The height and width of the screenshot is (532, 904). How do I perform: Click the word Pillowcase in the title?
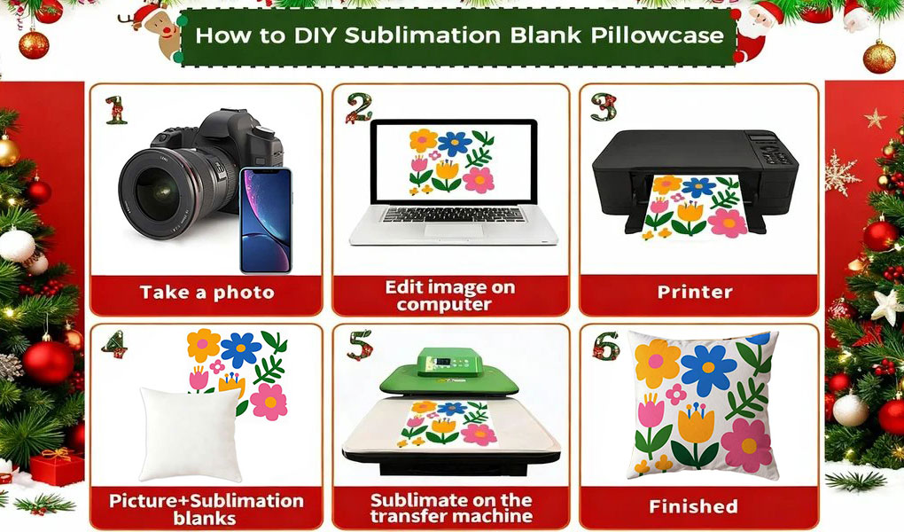(658, 35)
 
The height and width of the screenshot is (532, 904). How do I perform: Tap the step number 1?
(116, 110)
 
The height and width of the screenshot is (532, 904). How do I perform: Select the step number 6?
(606, 346)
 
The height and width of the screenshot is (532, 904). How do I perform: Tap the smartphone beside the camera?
(266, 221)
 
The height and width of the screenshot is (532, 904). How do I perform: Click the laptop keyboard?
(453, 215)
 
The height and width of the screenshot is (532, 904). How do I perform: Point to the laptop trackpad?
(455, 231)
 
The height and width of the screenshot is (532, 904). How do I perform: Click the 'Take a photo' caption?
(207, 292)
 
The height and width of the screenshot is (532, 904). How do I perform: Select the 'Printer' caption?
(695, 292)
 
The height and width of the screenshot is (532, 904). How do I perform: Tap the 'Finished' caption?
(693, 506)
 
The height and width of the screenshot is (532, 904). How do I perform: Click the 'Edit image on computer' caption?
(449, 295)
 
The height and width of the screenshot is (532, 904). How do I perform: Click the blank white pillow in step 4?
(191, 434)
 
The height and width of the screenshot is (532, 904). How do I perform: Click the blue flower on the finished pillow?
(708, 368)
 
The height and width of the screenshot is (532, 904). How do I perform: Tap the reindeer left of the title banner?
(156, 29)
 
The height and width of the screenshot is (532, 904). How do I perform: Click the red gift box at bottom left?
(57, 466)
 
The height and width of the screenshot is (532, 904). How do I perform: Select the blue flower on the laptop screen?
(455, 144)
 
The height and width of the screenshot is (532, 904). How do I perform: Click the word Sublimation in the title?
(423, 35)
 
